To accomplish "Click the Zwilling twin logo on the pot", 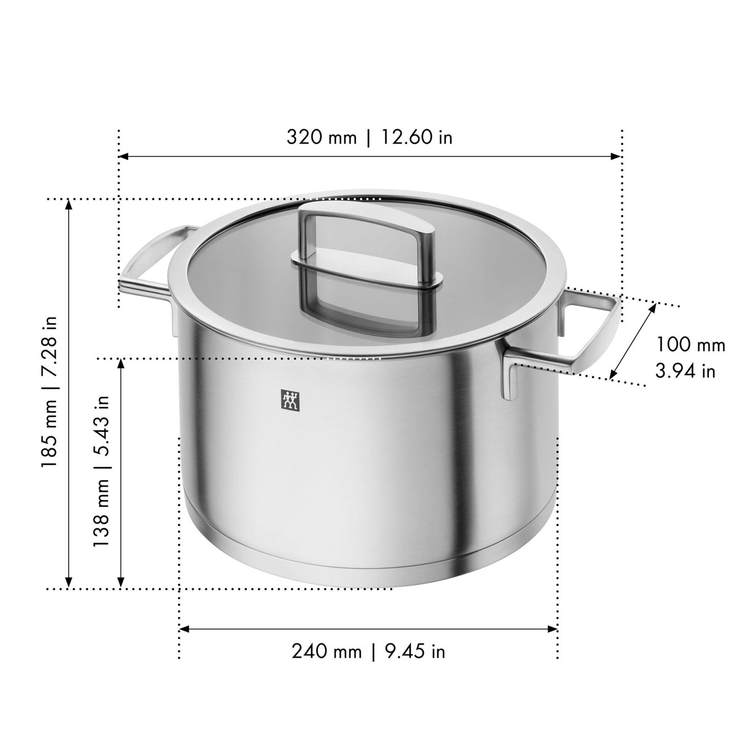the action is click(290, 401).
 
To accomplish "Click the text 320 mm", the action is click(321, 137).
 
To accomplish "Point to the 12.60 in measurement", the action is click(417, 137).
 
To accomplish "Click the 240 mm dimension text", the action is click(326, 652).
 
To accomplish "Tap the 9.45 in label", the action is click(415, 652).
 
